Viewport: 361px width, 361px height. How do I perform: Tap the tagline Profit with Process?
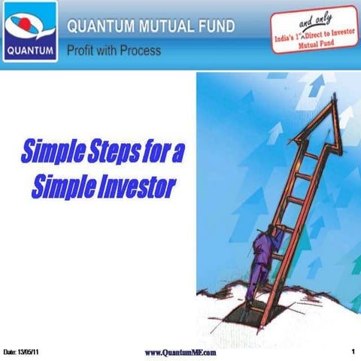coord(113,51)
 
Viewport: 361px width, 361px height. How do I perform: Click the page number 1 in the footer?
coord(353,351)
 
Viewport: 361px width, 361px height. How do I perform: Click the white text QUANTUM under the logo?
coord(29,53)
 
